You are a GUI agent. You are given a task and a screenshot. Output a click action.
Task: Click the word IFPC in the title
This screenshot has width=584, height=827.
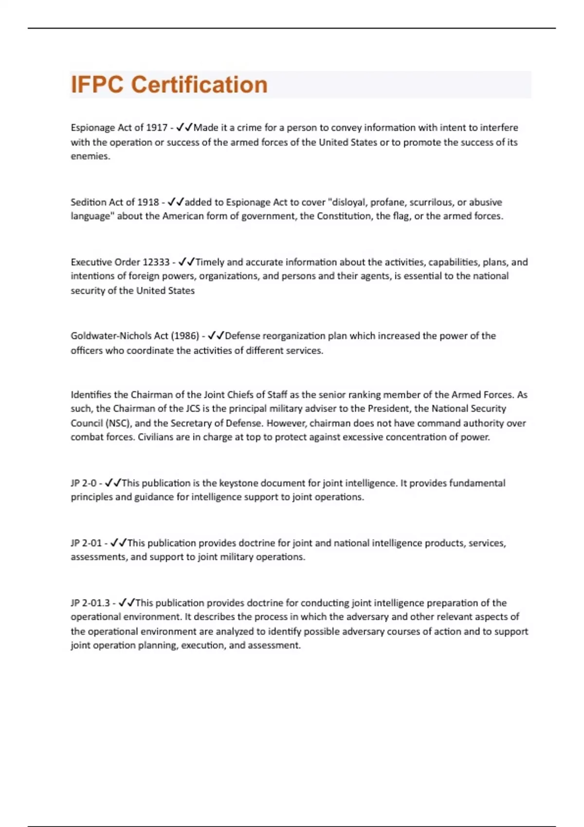[x=97, y=85]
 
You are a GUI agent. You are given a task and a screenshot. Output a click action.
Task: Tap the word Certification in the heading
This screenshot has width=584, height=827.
[x=199, y=85]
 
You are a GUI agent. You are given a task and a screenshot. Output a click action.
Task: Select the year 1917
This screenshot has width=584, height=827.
[x=157, y=127]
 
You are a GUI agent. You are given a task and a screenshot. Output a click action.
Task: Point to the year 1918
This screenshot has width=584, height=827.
[x=148, y=202]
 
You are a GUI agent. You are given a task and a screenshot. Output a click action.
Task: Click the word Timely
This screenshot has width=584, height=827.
[x=210, y=262]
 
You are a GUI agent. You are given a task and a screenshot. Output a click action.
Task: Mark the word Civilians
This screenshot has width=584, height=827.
[x=156, y=437]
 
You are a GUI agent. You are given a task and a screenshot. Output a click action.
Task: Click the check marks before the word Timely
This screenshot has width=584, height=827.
[x=186, y=262]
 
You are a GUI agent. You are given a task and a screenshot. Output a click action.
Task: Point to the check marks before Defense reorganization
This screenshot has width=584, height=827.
[x=216, y=336]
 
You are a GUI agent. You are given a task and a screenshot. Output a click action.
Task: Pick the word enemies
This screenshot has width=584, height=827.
[x=90, y=156]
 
